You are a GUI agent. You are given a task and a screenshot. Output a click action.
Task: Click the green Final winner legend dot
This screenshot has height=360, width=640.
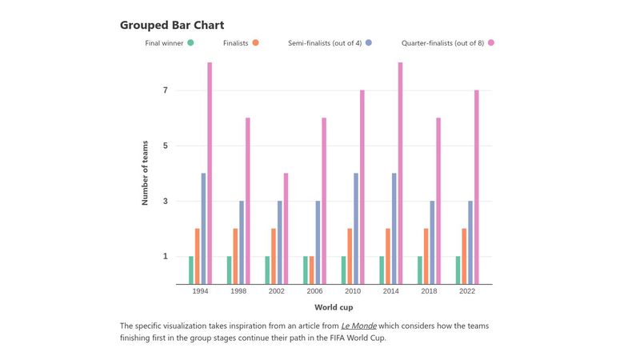[190, 42]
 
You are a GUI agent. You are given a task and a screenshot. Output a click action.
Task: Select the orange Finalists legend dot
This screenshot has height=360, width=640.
[255, 42]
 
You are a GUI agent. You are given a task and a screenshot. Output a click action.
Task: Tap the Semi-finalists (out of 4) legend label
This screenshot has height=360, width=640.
[324, 42]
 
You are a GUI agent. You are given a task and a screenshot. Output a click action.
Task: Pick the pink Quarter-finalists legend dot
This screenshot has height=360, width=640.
[490, 42]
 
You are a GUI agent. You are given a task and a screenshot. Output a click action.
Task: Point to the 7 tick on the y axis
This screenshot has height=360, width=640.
[166, 90]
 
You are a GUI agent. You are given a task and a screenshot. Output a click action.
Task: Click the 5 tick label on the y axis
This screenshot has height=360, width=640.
[166, 146]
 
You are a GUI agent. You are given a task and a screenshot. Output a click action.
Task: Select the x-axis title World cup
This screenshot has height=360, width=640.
[334, 307]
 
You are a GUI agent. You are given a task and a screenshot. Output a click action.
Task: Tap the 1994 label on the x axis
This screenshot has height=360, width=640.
[201, 292]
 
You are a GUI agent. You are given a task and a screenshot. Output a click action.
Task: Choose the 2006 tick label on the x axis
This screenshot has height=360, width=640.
[315, 292]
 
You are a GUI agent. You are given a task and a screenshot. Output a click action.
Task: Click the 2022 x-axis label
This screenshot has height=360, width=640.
[467, 292]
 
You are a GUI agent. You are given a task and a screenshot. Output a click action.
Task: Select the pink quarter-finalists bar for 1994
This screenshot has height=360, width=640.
[210, 173]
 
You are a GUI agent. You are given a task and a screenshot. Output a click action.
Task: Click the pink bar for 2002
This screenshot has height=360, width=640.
[286, 228]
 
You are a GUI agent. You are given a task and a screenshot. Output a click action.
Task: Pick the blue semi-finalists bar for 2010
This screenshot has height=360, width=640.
[356, 228]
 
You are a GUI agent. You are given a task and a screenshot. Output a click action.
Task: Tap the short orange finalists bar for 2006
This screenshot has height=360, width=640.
[311, 270]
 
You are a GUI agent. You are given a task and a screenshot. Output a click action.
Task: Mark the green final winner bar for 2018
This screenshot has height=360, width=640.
[419, 270]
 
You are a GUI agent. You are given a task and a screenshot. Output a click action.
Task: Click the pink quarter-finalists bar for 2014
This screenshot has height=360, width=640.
[400, 173]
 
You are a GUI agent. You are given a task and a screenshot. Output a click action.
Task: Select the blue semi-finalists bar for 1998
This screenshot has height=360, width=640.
[242, 242]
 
